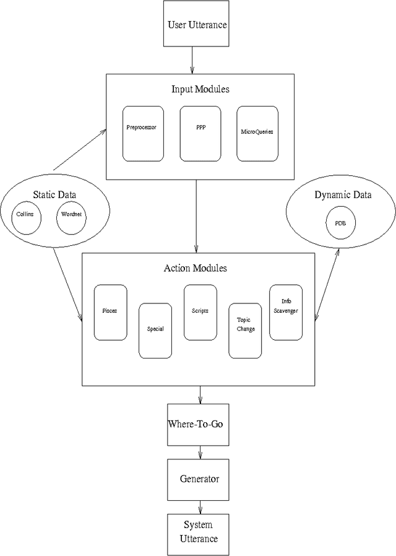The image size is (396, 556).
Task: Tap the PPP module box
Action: click(200, 132)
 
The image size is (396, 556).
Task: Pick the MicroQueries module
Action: click(257, 132)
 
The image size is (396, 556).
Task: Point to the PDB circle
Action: click(341, 222)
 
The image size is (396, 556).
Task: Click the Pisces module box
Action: click(110, 312)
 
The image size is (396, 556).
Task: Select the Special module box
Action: click(155, 330)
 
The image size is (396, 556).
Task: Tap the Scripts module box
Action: click(200, 312)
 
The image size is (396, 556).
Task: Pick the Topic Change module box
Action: click(245, 330)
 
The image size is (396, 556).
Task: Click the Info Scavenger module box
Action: click(285, 312)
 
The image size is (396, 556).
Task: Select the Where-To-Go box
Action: click(199, 425)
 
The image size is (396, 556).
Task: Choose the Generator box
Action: click(199, 479)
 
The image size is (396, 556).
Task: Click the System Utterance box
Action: click(199, 532)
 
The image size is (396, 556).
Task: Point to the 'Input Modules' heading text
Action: click(200, 89)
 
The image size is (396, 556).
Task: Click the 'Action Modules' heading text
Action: click(196, 268)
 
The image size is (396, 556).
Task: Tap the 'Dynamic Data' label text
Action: click(343, 195)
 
